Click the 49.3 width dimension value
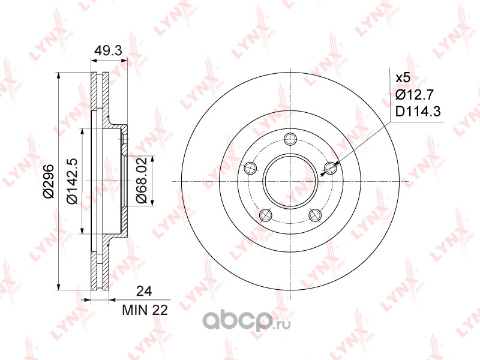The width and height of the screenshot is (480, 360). (108, 50)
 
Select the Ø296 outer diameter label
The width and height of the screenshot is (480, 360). (49, 181)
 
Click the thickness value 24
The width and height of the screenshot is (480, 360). (144, 291)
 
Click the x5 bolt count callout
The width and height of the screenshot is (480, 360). (403, 78)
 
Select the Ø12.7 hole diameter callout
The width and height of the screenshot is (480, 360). (415, 95)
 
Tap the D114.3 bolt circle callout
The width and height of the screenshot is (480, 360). (418, 112)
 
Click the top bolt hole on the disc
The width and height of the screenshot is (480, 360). (290, 139)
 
